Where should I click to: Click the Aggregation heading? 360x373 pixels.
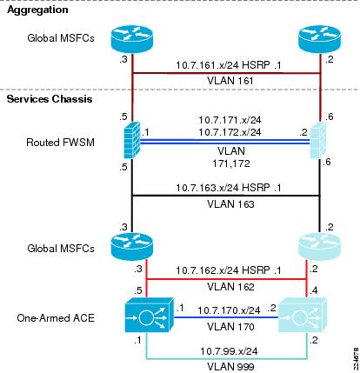click(x=37, y=10)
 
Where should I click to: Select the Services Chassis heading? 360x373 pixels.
click(x=50, y=99)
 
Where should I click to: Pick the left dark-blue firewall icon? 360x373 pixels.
click(x=132, y=140)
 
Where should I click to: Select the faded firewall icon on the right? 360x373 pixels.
click(x=318, y=140)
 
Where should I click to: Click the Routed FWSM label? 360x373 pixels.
click(x=60, y=143)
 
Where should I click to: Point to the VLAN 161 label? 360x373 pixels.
click(x=230, y=81)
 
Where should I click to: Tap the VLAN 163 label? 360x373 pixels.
click(x=230, y=204)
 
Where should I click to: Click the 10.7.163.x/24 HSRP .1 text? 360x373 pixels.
click(x=229, y=188)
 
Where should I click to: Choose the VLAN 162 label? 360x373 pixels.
click(x=230, y=287)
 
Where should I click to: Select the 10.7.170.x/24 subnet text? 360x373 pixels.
click(x=229, y=310)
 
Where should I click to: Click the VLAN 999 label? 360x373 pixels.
click(x=230, y=367)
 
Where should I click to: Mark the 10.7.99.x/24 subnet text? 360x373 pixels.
click(x=229, y=351)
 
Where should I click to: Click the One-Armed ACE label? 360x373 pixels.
click(x=56, y=318)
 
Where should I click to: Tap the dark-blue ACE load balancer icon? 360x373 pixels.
click(x=149, y=315)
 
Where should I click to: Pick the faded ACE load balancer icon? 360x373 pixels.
click(x=303, y=315)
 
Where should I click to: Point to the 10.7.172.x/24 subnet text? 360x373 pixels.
click(x=230, y=132)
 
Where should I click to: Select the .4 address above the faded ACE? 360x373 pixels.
click(x=313, y=290)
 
